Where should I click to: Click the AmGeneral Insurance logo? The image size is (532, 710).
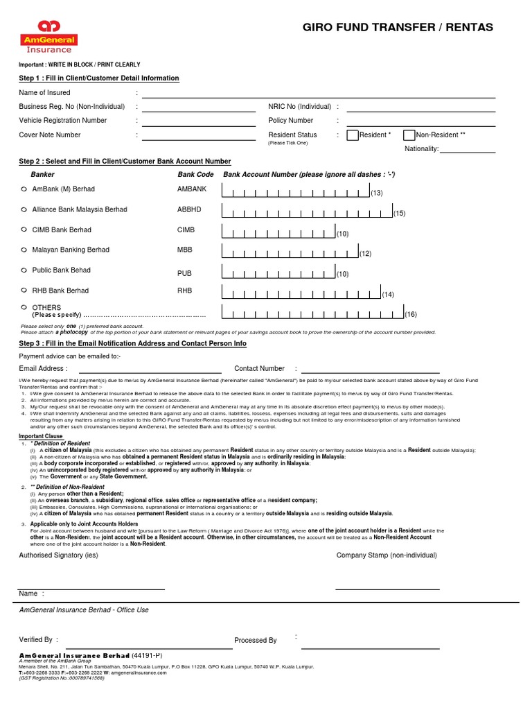point(48,37)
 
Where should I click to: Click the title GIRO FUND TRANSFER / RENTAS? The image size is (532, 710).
point(398,28)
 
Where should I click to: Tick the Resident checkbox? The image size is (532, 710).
point(352,135)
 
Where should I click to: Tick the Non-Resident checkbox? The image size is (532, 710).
point(409,135)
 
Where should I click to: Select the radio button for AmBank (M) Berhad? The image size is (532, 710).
point(24,189)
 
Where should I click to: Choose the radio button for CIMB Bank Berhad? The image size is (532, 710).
point(24,230)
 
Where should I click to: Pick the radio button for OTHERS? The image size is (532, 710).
point(24,306)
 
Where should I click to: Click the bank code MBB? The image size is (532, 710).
point(184,250)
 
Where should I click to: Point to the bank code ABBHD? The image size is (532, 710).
point(188,209)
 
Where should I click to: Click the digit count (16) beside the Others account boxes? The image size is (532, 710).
point(411,314)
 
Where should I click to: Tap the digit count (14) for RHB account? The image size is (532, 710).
point(388,295)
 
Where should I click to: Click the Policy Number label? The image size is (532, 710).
point(290,121)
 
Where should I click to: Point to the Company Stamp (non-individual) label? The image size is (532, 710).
point(387,555)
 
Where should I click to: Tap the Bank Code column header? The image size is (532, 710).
point(195,175)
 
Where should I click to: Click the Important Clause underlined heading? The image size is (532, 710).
point(41,436)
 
